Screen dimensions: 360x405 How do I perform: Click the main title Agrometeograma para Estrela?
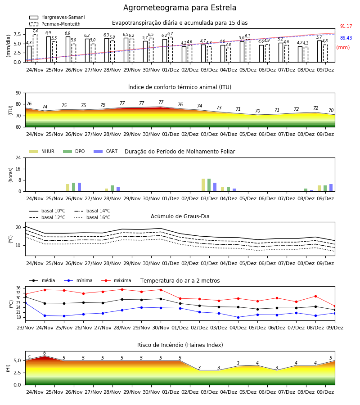180,8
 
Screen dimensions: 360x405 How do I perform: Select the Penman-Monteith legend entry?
55,24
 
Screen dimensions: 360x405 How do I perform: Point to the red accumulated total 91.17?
346,27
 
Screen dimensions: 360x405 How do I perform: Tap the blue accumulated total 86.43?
346,38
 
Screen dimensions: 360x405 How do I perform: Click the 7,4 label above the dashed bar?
35,31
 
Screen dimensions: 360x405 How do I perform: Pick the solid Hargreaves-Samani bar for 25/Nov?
49,49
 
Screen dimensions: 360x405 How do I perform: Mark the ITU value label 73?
219,108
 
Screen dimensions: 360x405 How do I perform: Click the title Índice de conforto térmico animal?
180,87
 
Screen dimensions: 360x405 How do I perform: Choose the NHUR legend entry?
42,151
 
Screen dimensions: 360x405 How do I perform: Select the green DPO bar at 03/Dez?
209,185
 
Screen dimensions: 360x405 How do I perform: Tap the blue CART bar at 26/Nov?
79,187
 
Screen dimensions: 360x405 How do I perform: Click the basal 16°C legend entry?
92,217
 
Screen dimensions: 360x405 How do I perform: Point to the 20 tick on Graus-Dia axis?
18,228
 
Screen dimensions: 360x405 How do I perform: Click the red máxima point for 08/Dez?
315,296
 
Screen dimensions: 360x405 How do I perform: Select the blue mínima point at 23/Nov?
25,303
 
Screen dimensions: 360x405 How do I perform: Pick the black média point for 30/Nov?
161,299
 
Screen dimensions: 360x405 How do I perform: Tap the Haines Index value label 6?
45,353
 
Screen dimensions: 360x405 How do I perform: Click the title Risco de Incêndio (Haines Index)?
180,345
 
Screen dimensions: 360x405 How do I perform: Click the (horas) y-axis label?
11,175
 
